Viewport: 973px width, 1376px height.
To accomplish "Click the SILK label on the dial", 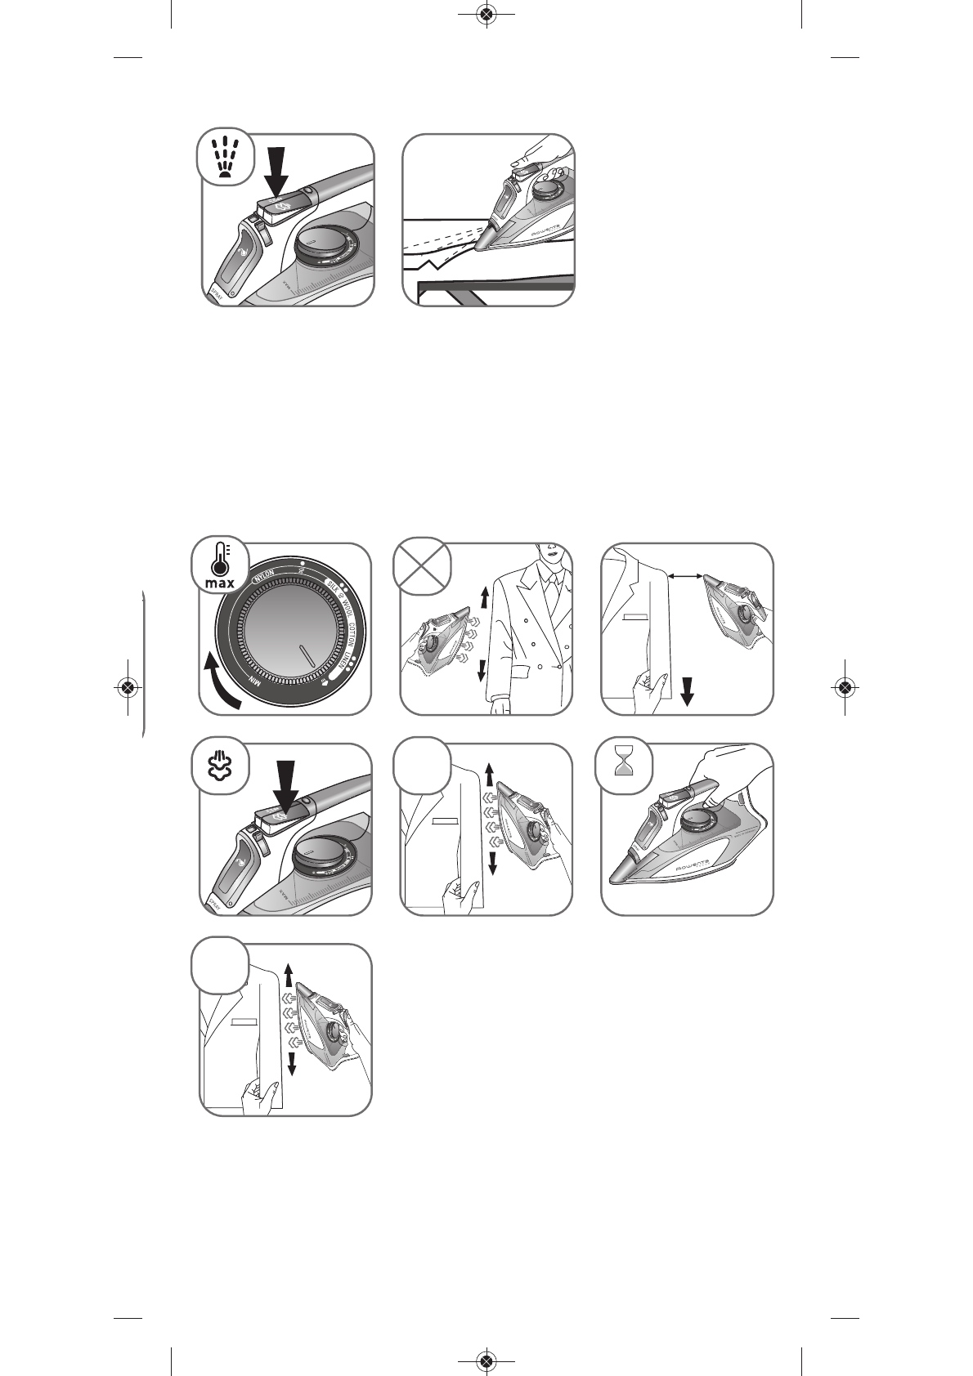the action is (334, 586).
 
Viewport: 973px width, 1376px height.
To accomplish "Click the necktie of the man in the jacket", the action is (554, 587).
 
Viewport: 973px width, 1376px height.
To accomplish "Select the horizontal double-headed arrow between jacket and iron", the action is (685, 577).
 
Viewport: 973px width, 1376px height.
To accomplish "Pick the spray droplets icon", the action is (222, 156).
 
